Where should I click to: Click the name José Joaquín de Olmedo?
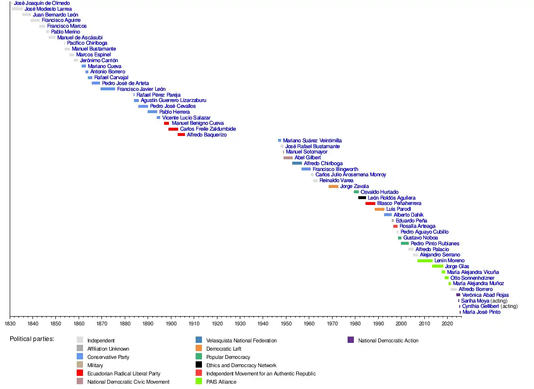click(x=42, y=3)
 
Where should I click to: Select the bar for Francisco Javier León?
click(x=108, y=89)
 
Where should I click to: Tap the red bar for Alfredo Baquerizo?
click(x=181, y=135)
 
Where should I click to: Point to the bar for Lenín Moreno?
click(x=425, y=261)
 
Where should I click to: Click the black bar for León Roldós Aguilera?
click(x=362, y=198)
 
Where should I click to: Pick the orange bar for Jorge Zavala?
click(x=334, y=186)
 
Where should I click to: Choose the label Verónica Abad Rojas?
click(x=485, y=295)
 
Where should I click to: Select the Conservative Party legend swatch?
click(x=80, y=357)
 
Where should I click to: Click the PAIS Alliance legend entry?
click(x=221, y=382)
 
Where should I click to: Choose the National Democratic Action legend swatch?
click(x=350, y=340)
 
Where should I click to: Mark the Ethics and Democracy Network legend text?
click(x=241, y=366)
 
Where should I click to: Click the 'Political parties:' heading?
click(x=32, y=339)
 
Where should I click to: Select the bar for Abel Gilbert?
click(x=288, y=158)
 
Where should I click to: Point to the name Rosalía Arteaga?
click(x=417, y=226)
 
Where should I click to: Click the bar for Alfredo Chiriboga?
click(x=297, y=164)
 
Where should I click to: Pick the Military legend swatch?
click(x=80, y=365)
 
